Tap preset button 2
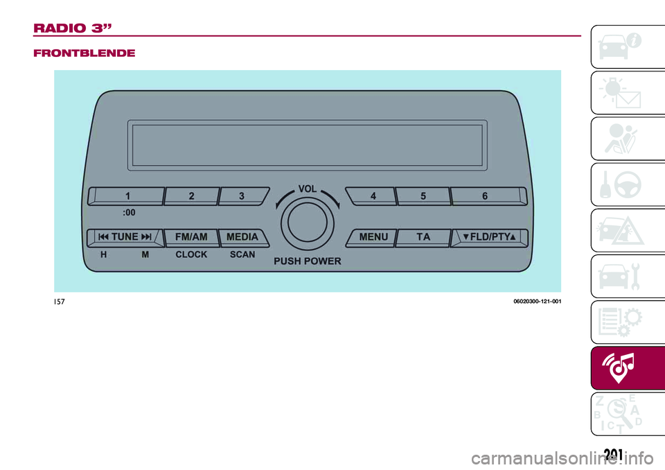[x=191, y=196]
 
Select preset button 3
[x=243, y=196]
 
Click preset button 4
[x=371, y=196]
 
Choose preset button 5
[x=423, y=196]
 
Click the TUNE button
[x=125, y=237]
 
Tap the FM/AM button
[x=191, y=237]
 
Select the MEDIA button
[x=243, y=237]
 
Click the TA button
[x=423, y=237]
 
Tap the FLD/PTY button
[x=489, y=237]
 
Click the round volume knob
[x=308, y=222]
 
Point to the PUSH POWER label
[x=308, y=261]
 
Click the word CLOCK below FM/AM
[x=191, y=254]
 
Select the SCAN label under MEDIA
[x=242, y=254]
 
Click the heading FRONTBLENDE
[x=85, y=53]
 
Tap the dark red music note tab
[x=628, y=367]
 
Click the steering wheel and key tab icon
[x=621, y=184]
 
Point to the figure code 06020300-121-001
[x=538, y=302]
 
